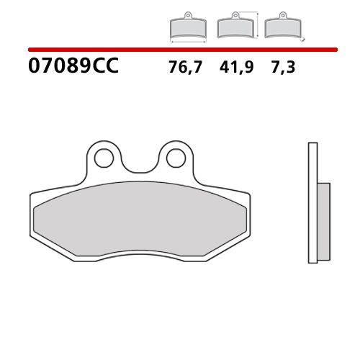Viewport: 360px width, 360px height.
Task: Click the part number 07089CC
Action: (73, 68)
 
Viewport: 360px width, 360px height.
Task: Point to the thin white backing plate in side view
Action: (312, 202)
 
